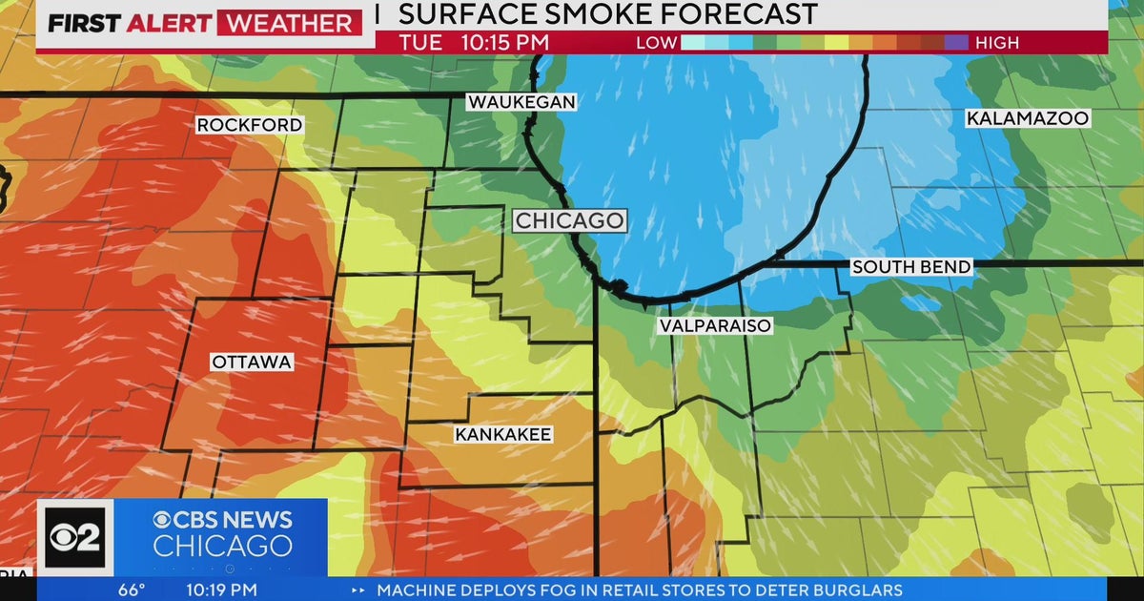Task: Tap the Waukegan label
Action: pyautogui.click(x=521, y=102)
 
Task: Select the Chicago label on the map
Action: pyautogui.click(x=570, y=221)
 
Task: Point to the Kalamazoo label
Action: pyautogui.click(x=1027, y=118)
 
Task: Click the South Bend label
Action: pyautogui.click(x=911, y=267)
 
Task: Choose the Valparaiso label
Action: pyautogui.click(x=714, y=325)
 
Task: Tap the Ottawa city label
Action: pyautogui.click(x=252, y=363)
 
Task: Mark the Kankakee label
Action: pyautogui.click(x=503, y=435)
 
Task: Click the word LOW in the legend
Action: pyautogui.click(x=657, y=43)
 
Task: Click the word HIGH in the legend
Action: pyautogui.click(x=997, y=43)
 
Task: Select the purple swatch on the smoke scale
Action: pyautogui.click(x=955, y=43)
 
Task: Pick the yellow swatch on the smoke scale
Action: pyautogui.click(x=836, y=43)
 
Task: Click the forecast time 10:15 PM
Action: pyautogui.click(x=505, y=43)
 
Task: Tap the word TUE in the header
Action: pyautogui.click(x=420, y=43)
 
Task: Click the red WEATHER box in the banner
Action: pyautogui.click(x=289, y=23)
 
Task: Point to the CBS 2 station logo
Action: pyautogui.click(x=74, y=536)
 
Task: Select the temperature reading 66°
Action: pyautogui.click(x=131, y=590)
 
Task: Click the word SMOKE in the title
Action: pyautogui.click(x=593, y=14)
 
